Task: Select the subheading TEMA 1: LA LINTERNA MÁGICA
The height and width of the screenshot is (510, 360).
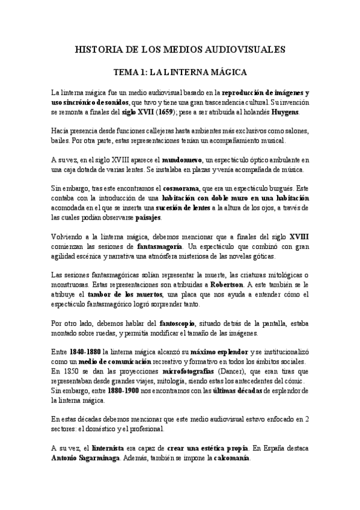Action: tap(180, 72)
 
